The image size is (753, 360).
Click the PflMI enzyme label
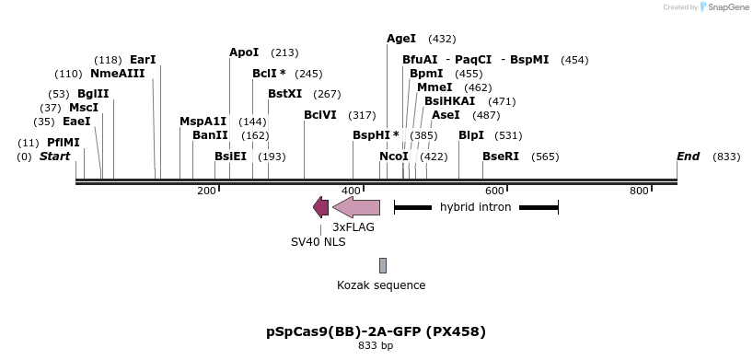coord(64,143)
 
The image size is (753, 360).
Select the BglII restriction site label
coord(93,94)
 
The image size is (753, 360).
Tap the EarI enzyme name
coord(143,60)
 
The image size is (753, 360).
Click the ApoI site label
coord(244,52)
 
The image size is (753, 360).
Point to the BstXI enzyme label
coord(284,94)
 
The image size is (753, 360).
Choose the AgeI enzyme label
coord(401,39)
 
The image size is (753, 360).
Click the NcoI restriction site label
coord(394,157)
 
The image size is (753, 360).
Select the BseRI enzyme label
coord(501,157)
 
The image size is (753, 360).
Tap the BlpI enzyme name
coord(471,135)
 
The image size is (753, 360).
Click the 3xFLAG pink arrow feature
coord(356,207)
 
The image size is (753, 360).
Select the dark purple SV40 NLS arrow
coord(320,207)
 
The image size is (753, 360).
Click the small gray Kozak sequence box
coord(383,265)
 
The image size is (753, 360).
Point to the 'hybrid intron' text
coord(475,207)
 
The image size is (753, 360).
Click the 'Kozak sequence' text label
coord(381,285)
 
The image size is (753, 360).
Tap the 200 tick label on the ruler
coord(206,191)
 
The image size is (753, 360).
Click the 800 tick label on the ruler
coord(639,191)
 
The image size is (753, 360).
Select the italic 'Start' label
coord(54,157)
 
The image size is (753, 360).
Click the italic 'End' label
coord(689,157)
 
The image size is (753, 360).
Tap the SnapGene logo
coord(723,7)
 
